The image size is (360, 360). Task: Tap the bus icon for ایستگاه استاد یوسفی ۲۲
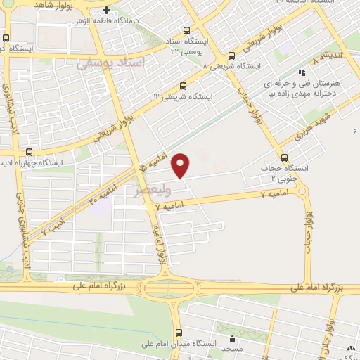[186, 30]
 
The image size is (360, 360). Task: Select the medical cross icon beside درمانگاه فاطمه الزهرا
[106, 10]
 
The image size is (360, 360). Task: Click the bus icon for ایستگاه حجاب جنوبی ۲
[285, 157]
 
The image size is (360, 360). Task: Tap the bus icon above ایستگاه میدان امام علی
[179, 332]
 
